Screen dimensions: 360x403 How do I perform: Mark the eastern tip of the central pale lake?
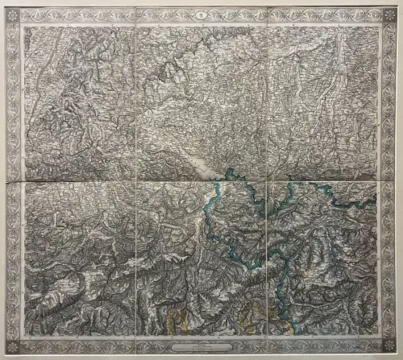point(228,172)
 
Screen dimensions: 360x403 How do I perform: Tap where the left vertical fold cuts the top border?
point(135,23)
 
